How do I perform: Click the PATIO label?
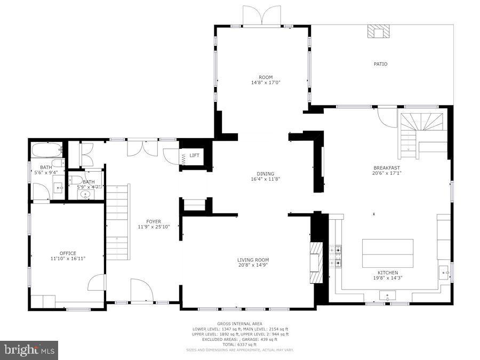click(380, 64)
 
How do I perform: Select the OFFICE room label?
click(67, 253)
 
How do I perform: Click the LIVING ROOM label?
click(253, 260)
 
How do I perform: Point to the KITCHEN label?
click(388, 273)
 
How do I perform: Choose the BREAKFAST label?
click(387, 167)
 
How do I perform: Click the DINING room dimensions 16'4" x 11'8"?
click(266, 179)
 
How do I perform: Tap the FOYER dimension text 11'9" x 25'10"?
click(154, 227)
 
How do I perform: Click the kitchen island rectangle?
click(388, 253)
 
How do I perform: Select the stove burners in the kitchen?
click(335, 255)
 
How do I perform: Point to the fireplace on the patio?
click(378, 31)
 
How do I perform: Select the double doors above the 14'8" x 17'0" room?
click(261, 15)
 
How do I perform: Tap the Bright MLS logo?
click(30, 350)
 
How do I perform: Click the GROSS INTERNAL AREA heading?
click(240, 324)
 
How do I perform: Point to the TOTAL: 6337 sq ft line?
click(240, 344)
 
